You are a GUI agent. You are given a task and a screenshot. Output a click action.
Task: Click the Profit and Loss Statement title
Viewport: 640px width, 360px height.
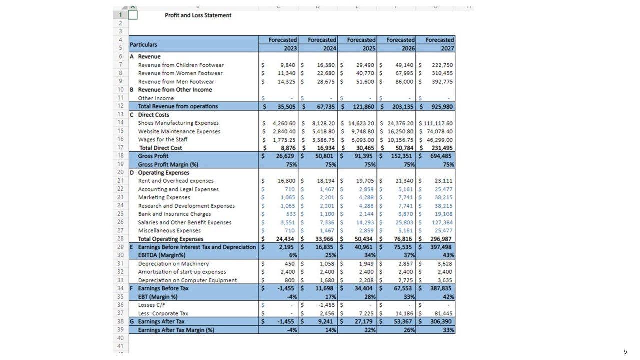coord(198,15)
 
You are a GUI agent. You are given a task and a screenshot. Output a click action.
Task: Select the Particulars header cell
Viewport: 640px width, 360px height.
coord(143,44)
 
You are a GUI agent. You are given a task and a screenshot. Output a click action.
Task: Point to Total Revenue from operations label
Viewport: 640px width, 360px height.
coord(178,106)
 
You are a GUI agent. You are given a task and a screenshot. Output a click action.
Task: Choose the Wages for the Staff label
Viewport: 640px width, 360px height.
coord(163,139)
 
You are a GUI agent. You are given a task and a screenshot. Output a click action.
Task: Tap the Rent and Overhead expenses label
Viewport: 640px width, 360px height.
coord(176,181)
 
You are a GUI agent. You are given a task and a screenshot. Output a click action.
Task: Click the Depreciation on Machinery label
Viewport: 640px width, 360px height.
coord(173,264)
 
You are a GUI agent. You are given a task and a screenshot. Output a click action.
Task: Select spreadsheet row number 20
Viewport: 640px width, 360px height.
coord(120,173)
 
